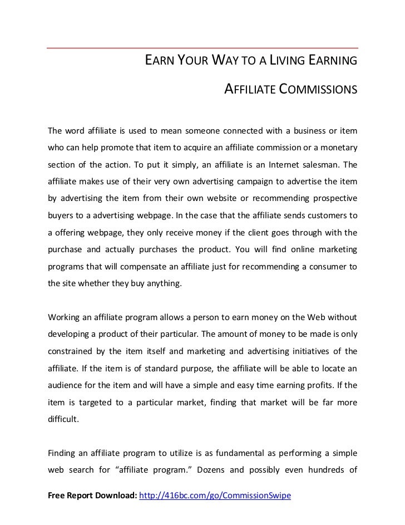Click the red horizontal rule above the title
(x=202, y=47)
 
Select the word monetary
(x=337, y=149)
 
